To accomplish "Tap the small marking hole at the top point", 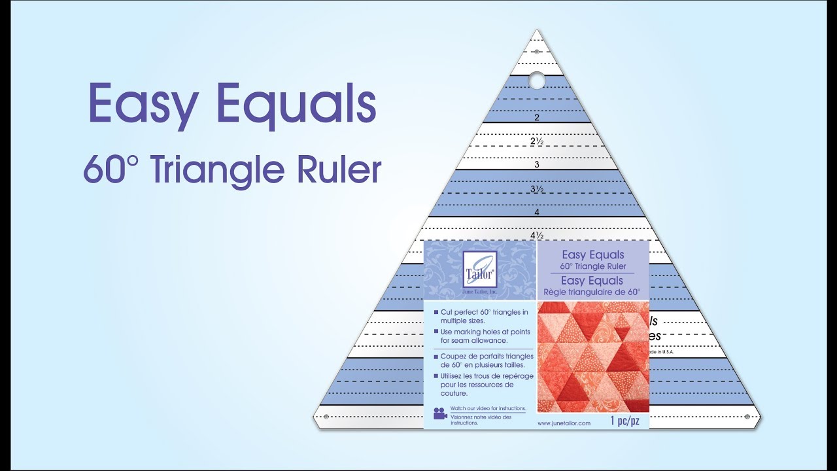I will click(x=537, y=50).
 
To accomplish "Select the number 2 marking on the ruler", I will click(x=536, y=118).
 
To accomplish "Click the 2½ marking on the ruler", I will click(x=536, y=141).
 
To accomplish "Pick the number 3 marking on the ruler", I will click(x=536, y=164).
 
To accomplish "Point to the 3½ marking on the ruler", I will click(x=536, y=190).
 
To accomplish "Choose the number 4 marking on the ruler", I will click(x=536, y=213).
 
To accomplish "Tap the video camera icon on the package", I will click(x=439, y=414).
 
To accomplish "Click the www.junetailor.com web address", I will click(x=564, y=423).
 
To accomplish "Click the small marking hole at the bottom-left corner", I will click(x=325, y=416).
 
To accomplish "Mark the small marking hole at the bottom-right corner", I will click(x=747, y=416).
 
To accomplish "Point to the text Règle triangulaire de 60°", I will click(x=592, y=292).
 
